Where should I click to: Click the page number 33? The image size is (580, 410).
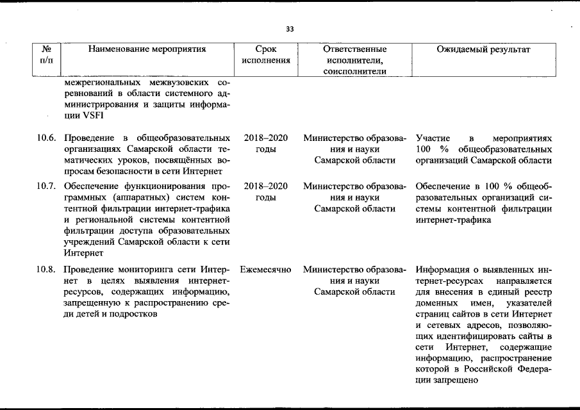coord(290,29)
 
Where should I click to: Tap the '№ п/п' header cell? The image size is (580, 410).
coord(46,54)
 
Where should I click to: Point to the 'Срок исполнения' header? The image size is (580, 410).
coord(265,54)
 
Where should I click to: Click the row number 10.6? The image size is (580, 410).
coord(46,138)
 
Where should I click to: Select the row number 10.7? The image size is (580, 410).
coord(46,186)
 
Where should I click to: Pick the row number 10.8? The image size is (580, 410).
coord(46,270)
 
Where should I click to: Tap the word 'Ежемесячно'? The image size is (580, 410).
coord(265,270)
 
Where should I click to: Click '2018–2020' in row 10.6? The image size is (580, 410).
coord(265,138)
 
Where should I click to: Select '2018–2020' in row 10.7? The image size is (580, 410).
coord(265,186)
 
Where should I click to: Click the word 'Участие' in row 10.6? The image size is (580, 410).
coord(433,138)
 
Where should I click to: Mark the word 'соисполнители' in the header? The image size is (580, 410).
coord(354,72)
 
